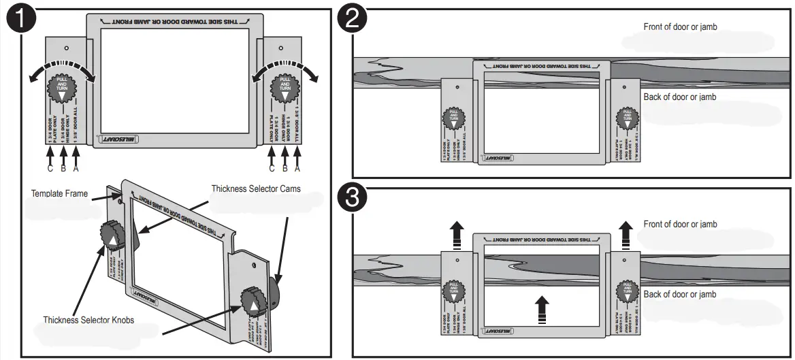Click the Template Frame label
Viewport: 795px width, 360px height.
tap(59, 194)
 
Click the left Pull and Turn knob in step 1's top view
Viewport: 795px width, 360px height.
tap(62, 88)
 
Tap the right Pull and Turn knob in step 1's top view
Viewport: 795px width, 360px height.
tap(284, 88)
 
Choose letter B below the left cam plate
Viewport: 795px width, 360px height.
tap(63, 168)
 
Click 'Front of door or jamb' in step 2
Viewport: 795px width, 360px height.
tap(680, 27)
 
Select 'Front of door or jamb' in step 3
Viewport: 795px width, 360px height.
tap(680, 225)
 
